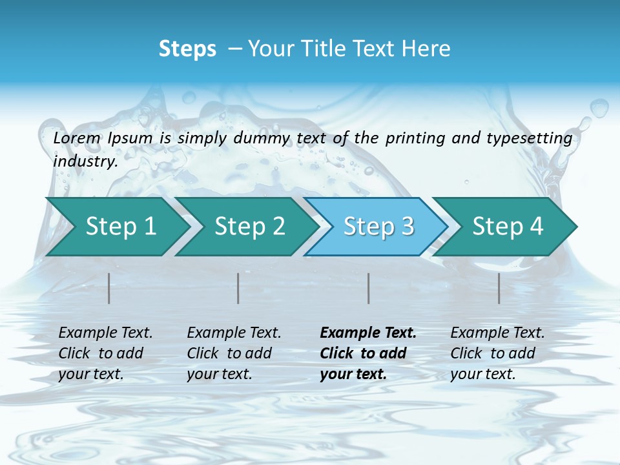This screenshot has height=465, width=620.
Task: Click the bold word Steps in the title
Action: pyautogui.click(x=187, y=49)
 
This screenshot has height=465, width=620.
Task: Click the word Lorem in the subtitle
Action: pyautogui.click(x=77, y=138)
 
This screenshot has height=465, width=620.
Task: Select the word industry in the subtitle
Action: pyautogui.click(x=85, y=161)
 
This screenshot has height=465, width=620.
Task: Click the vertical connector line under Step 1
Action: pyautogui.click(x=109, y=288)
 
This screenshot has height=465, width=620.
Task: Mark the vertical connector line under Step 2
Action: pyautogui.click(x=238, y=288)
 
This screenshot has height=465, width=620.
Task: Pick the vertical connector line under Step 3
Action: pyautogui.click(x=369, y=288)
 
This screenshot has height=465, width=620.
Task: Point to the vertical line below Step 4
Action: pyautogui.click(x=499, y=288)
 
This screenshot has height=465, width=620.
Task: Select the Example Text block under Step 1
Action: pyautogui.click(x=105, y=353)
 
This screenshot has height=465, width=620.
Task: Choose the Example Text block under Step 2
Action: pyautogui.click(x=234, y=353)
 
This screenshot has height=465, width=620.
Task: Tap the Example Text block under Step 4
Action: pyautogui.click(x=497, y=353)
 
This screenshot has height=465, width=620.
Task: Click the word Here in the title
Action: pyautogui.click(x=427, y=49)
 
